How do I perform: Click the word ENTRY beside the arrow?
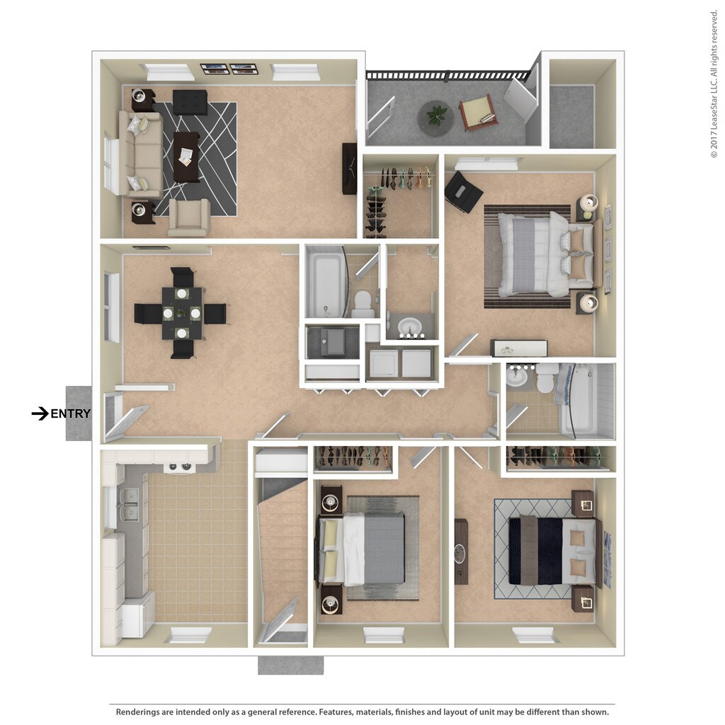click(71, 414)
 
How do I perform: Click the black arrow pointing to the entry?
click(40, 413)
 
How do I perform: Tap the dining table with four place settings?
click(181, 312)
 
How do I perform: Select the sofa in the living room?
click(142, 154)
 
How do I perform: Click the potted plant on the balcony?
click(435, 116)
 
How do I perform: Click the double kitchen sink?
click(128, 504)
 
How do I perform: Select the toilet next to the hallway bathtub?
click(363, 303)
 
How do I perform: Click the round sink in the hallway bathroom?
click(410, 327)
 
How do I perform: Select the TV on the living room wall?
click(349, 169)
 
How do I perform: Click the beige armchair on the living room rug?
click(188, 217)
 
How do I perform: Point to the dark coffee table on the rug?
click(187, 156)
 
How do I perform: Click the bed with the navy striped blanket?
click(552, 550)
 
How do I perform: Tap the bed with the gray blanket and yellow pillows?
click(362, 549)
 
